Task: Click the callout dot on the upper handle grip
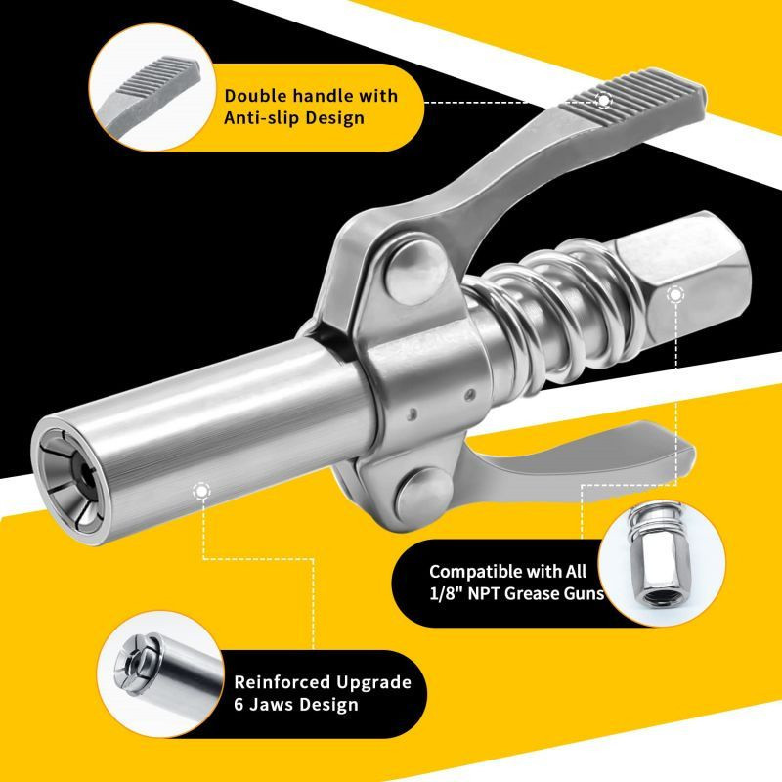tap(603, 100)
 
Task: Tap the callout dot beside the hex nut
tap(673, 293)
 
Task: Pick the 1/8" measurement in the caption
tap(448, 592)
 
